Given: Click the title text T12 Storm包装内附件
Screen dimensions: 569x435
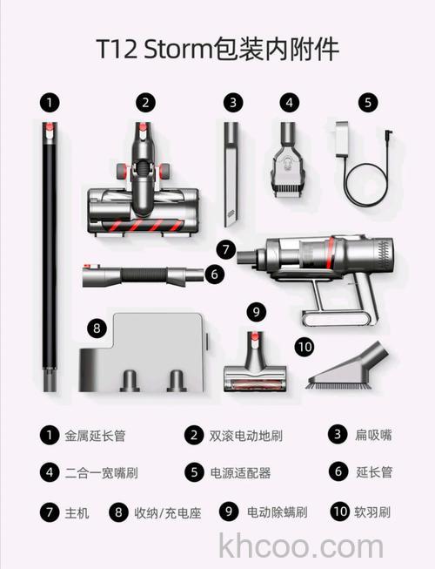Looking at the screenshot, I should (x=217, y=49).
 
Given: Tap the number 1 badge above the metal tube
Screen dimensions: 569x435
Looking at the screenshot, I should (x=51, y=102).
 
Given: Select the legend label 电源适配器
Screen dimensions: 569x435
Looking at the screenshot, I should (x=240, y=473).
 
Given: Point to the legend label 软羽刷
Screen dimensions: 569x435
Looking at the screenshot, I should (x=375, y=512).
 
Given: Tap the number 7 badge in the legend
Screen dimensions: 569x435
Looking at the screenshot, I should (x=50, y=512).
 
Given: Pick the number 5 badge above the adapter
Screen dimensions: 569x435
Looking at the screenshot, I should (x=368, y=102).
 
